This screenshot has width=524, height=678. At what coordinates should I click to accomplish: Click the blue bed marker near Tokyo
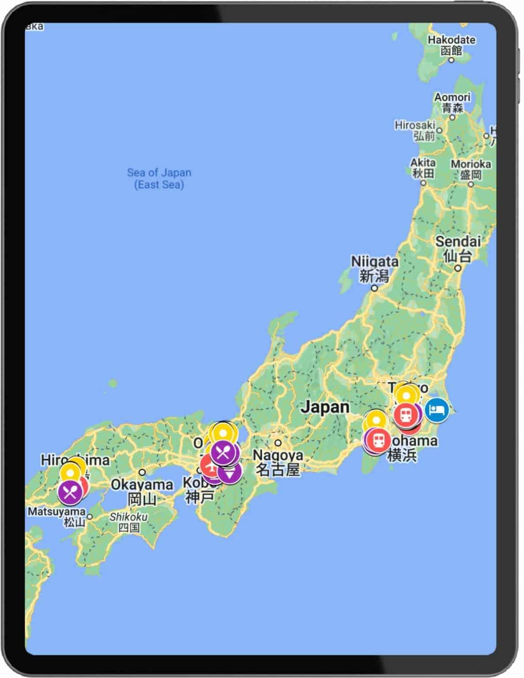(x=437, y=410)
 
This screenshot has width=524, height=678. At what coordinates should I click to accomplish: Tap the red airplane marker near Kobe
(x=210, y=466)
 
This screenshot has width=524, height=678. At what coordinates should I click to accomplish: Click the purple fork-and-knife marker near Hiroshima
(x=70, y=492)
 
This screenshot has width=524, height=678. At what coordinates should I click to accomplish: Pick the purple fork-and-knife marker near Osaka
(x=225, y=452)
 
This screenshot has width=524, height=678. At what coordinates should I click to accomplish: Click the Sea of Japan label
(x=159, y=178)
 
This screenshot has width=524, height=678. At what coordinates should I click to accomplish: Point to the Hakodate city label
(x=451, y=45)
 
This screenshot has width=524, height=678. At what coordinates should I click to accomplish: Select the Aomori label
(x=452, y=102)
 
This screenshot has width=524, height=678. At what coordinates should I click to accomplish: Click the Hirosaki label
(x=415, y=130)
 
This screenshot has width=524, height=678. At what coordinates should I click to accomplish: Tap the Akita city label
(x=423, y=168)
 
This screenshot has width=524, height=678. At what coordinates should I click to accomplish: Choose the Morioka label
(x=471, y=169)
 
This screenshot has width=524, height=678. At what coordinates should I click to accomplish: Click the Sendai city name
(x=458, y=248)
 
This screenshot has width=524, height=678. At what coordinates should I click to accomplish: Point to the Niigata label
(x=374, y=268)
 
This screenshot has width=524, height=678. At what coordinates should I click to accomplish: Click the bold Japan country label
(x=325, y=407)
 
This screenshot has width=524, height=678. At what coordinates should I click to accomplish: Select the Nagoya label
(x=278, y=462)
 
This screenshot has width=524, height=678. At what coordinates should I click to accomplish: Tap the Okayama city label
(x=142, y=491)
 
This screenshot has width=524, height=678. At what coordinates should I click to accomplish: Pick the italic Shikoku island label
(x=128, y=521)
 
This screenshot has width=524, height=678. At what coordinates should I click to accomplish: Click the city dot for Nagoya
(x=278, y=443)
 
